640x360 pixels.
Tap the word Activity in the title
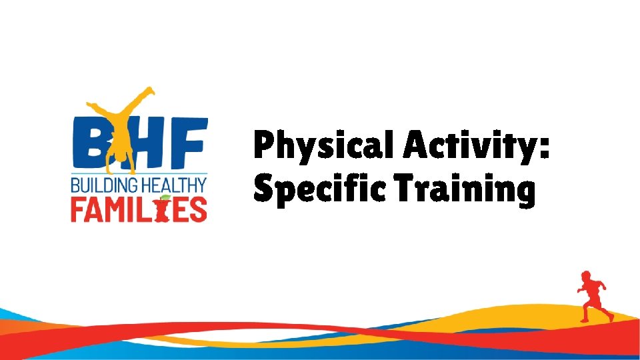pos(469,145)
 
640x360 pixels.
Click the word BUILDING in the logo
pos(101,185)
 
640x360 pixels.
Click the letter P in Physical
pos(263,145)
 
